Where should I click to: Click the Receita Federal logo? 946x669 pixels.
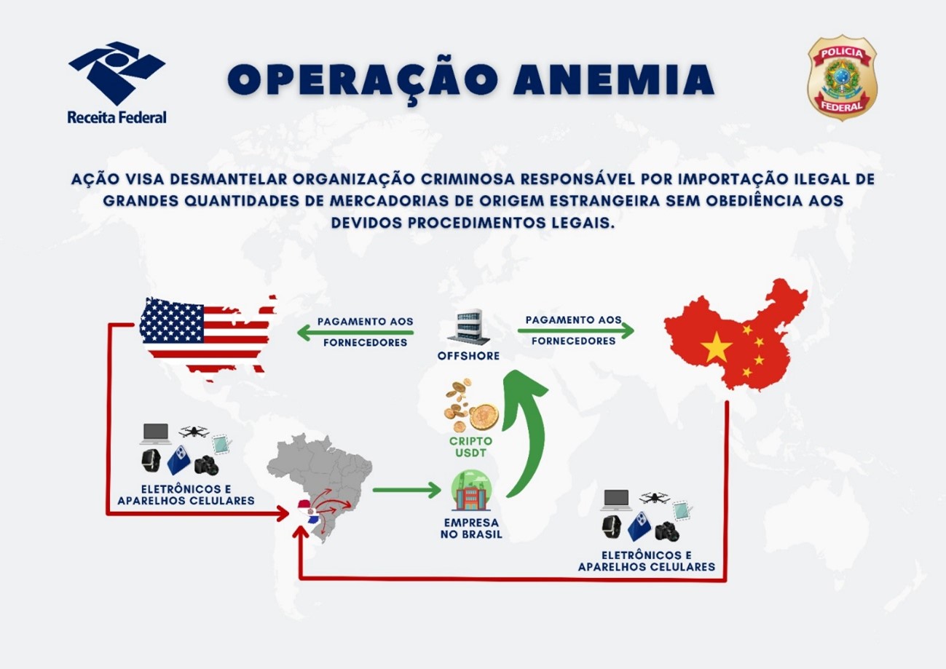117,83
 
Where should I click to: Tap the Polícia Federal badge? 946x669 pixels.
842,79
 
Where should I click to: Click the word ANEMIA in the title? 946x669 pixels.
614,80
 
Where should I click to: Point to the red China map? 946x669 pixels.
735,336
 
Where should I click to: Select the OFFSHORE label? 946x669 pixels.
468,356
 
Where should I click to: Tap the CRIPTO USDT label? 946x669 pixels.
470,447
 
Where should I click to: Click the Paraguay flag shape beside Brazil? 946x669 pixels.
309,512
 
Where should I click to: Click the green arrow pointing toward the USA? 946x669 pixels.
355,333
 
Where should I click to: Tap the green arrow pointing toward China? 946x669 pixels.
576,331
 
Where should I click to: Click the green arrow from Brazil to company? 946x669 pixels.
407,490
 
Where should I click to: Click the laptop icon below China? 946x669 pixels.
618,500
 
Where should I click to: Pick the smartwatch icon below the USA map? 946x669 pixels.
151,461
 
